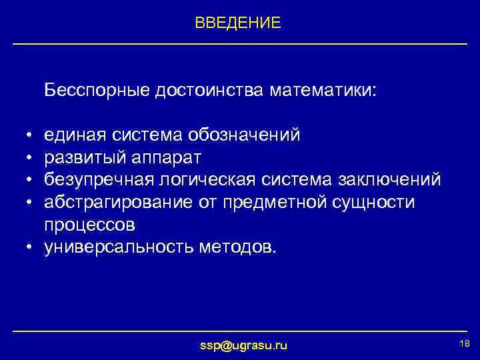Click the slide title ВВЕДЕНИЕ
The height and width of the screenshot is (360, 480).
click(x=238, y=23)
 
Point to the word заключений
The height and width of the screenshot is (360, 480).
click(x=389, y=180)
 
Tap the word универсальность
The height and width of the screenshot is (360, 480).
click(x=119, y=247)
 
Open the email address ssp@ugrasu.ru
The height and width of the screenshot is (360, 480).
click(x=244, y=345)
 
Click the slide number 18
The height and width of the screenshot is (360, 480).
click(x=465, y=342)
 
